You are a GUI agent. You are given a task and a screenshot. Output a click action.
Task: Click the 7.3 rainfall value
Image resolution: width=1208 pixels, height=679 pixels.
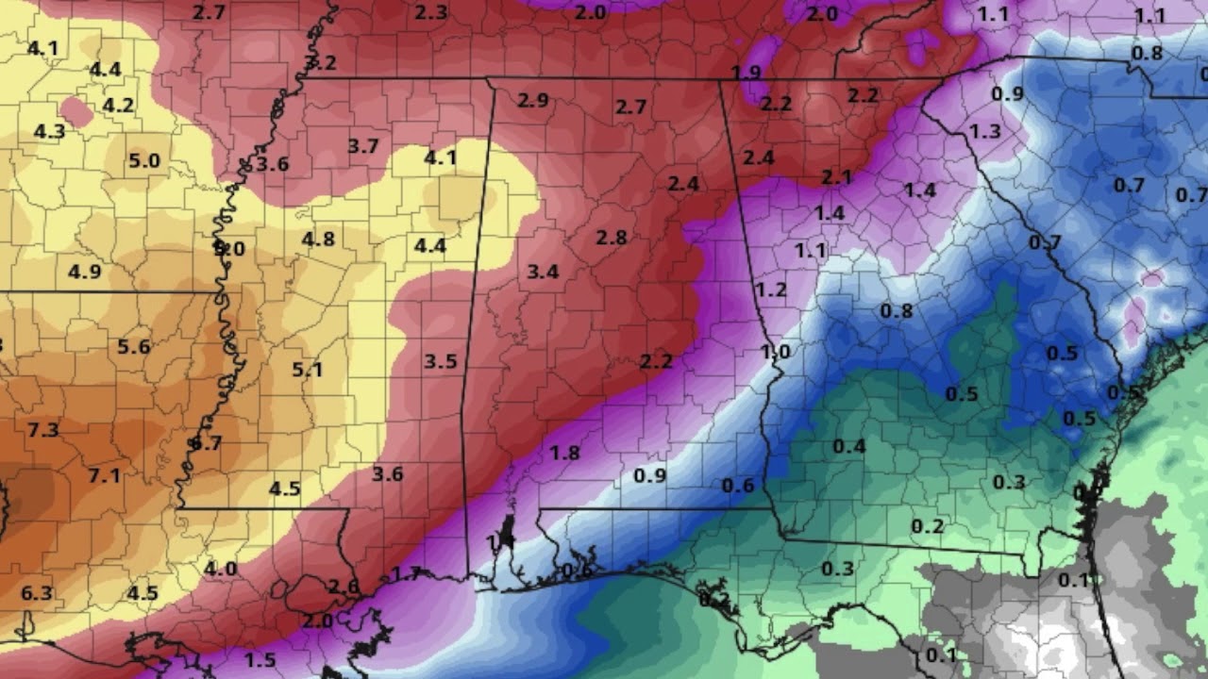pyautogui.click(x=43, y=430)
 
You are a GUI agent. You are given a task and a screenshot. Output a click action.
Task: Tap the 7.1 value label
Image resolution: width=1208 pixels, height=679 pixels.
pyautogui.click(x=105, y=475)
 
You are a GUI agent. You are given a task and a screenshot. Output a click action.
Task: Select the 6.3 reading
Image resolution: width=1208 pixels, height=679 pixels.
pyautogui.click(x=37, y=593)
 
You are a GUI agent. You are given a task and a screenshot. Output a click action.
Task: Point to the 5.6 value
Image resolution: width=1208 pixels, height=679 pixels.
pyautogui.click(x=134, y=346)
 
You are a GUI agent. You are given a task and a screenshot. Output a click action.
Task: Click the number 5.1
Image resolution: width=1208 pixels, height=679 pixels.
pyautogui.click(x=308, y=370)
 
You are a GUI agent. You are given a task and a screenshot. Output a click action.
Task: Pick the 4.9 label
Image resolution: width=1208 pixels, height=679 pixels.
pyautogui.click(x=84, y=273)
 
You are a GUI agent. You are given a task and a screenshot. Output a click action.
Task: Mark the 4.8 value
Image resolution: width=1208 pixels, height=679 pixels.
pyautogui.click(x=318, y=239)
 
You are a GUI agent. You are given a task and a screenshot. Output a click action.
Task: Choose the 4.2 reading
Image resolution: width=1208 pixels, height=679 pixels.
pyautogui.click(x=118, y=105)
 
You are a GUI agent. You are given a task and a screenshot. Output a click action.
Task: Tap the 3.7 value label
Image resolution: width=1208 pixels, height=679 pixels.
pyautogui.click(x=363, y=146)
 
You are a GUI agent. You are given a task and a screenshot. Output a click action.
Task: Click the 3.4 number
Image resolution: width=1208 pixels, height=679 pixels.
pyautogui.click(x=543, y=273)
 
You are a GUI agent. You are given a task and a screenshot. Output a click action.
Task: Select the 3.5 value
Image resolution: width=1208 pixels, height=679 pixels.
pyautogui.click(x=441, y=361)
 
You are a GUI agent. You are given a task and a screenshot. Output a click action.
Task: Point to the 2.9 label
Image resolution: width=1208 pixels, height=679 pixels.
pyautogui.click(x=533, y=101)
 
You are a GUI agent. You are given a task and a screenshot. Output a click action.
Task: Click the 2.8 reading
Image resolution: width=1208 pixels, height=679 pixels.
pyautogui.click(x=612, y=238)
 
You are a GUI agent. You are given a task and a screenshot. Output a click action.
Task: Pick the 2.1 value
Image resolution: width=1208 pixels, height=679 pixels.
pyautogui.click(x=836, y=177)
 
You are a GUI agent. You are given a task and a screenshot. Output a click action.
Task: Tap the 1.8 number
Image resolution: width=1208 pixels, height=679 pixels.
pyautogui.click(x=564, y=453)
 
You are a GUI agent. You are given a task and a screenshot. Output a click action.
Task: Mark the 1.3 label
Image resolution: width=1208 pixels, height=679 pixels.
pyautogui.click(x=984, y=132)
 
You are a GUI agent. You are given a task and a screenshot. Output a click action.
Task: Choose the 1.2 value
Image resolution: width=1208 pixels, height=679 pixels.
pyautogui.click(x=771, y=290)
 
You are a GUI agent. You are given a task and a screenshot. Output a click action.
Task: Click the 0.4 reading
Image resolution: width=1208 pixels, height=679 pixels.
pyautogui.click(x=849, y=446)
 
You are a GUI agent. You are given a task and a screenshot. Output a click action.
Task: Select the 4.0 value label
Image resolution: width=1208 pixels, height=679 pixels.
pyautogui.click(x=220, y=569)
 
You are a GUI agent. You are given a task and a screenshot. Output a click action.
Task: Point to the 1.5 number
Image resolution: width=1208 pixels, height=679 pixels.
pyautogui.click(x=260, y=659)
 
